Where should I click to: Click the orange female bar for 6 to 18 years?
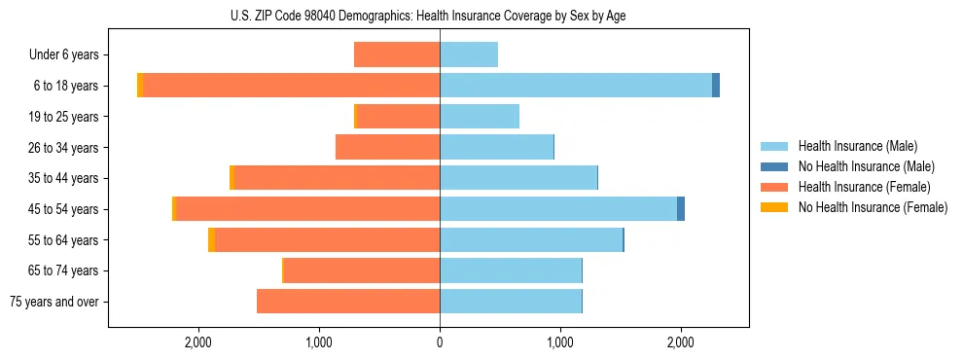pos(292,86)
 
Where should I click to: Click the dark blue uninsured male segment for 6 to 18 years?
pos(716,86)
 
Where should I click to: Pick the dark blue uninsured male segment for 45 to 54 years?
pos(681,209)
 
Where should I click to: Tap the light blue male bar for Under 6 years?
pos(469,54)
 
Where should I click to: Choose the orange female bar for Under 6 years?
pos(397,54)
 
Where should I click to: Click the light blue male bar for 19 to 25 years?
pos(480,117)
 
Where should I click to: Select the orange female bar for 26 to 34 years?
pos(388,147)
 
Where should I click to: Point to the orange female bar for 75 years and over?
pos(348,302)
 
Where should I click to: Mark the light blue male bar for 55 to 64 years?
pos(531,240)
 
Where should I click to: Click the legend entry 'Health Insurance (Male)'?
pos(857,146)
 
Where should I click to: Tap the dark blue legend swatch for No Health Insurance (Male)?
pos(774,166)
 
